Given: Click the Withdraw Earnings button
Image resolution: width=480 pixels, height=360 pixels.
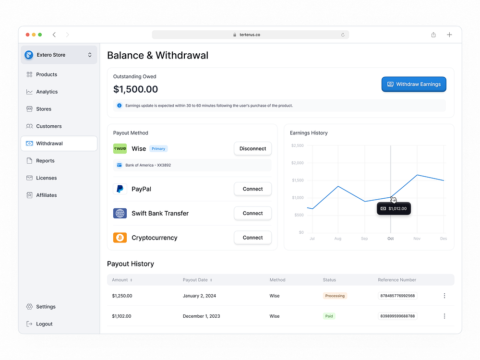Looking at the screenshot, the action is pyautogui.click(x=414, y=84).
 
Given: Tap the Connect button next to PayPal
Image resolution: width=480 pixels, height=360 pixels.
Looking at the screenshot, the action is pyautogui.click(x=252, y=189).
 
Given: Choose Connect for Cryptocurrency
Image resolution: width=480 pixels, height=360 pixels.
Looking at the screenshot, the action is pyautogui.click(x=252, y=238).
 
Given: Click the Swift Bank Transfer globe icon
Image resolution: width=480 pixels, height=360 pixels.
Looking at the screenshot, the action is pyautogui.click(x=120, y=213).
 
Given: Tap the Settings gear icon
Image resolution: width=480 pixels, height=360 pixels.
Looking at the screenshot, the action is pyautogui.click(x=29, y=306).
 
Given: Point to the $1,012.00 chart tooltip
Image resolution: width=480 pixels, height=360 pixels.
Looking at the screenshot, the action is pyautogui.click(x=394, y=208).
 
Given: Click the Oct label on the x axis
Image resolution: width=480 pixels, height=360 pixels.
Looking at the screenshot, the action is pyautogui.click(x=391, y=239).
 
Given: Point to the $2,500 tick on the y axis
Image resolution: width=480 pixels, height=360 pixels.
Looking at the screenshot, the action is pyautogui.click(x=297, y=145).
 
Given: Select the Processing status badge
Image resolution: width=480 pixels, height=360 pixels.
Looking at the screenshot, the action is pyautogui.click(x=335, y=296).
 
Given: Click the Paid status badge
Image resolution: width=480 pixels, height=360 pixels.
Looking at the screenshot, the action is pyautogui.click(x=329, y=316).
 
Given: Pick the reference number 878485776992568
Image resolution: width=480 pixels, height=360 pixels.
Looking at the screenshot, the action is pyautogui.click(x=397, y=296).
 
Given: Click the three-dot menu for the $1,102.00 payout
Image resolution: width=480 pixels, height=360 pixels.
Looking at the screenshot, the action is pyautogui.click(x=444, y=316).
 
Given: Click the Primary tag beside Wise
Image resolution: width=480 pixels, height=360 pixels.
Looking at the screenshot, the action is pyautogui.click(x=158, y=149).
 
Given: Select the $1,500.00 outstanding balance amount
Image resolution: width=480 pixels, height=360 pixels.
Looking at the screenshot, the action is pyautogui.click(x=136, y=89).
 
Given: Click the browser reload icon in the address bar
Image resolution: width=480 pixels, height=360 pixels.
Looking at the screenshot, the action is pyautogui.click(x=343, y=35).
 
